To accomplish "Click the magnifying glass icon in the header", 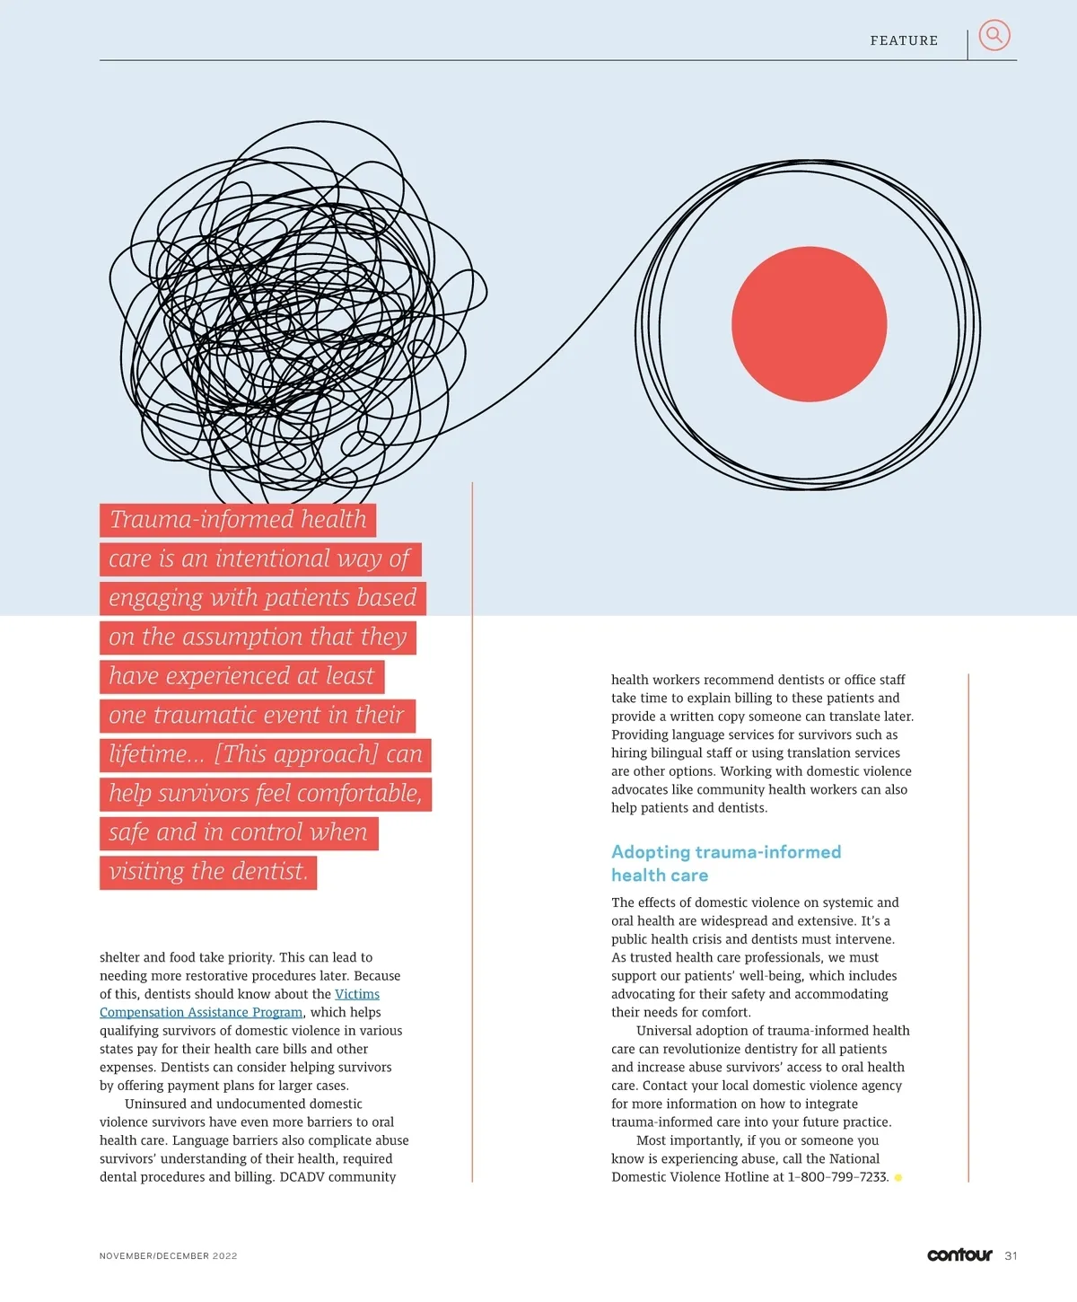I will (994, 36).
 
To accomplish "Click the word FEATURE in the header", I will (904, 40).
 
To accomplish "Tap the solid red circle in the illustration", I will (809, 324).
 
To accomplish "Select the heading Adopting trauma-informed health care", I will (725, 863).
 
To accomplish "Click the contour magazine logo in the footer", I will (959, 1255).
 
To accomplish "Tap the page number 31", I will (1011, 1256).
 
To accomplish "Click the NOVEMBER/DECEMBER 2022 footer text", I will (168, 1256).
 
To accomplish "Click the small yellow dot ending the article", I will (898, 1178).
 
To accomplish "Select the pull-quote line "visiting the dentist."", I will (208, 872).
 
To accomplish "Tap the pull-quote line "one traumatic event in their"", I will (257, 716).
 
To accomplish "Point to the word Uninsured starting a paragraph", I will (154, 1104).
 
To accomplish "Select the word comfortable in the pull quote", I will (356, 794).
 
